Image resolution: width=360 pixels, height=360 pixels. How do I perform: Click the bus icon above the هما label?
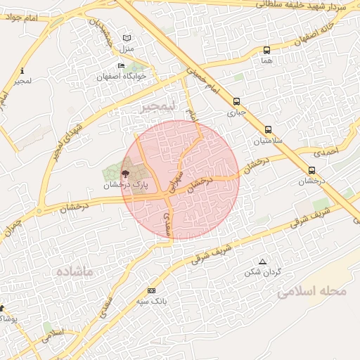tap(266, 50)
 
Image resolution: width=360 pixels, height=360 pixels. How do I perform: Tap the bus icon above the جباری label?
tap(236, 101)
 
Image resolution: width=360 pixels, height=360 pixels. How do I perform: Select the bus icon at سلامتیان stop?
tap(269, 129)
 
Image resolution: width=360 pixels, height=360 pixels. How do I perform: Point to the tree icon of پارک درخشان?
tap(125, 174)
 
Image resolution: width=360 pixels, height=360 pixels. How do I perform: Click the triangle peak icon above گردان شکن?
tap(263, 262)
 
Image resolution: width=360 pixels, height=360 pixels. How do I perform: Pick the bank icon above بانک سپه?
tap(151, 290)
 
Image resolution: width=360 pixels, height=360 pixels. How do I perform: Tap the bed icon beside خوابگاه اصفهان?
tap(121, 66)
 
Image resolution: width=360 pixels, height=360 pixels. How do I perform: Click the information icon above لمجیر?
tap(22, 70)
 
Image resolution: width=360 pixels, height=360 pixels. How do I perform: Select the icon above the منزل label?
tap(127, 37)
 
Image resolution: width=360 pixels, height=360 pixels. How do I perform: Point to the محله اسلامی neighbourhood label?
tap(312, 290)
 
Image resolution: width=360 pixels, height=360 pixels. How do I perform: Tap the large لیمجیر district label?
tap(156, 108)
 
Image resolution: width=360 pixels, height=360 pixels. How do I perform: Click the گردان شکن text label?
tap(266, 271)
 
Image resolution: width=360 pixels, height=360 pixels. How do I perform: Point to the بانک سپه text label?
tap(151, 301)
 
